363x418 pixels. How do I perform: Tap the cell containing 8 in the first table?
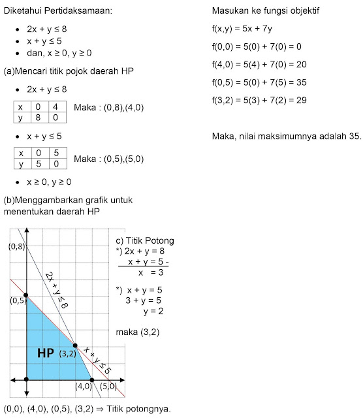[40, 118]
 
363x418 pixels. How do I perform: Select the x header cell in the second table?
[22, 153]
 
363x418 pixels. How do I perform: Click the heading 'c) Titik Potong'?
[144, 240]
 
